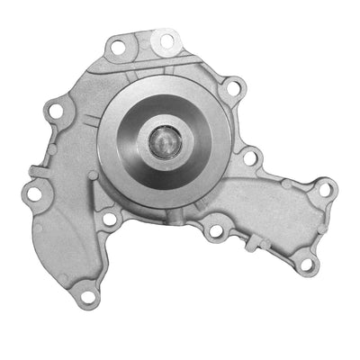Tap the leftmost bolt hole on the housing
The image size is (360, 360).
click(33, 193)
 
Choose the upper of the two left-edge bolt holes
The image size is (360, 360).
click(56, 111)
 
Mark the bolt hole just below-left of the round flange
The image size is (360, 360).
click(109, 219)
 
